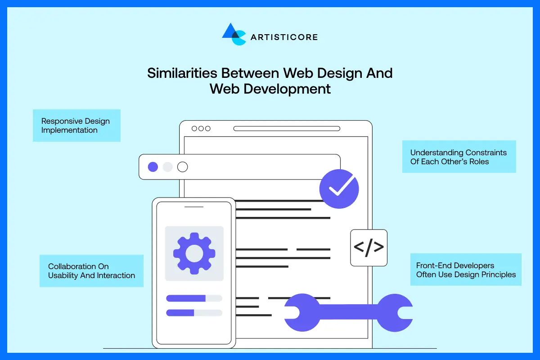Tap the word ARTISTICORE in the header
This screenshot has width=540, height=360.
click(284, 37)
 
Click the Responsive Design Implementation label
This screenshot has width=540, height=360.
click(76, 126)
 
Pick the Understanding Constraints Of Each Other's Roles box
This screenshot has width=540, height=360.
click(459, 157)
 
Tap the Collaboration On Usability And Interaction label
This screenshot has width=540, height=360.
click(91, 271)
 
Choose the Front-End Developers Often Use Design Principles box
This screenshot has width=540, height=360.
click(466, 270)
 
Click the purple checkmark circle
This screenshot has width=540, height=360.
click(339, 189)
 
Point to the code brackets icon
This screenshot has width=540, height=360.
click(369, 247)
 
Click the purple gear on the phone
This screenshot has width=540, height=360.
click(194, 253)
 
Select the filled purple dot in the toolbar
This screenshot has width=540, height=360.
click(153, 167)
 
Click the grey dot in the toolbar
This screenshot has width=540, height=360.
click(167, 167)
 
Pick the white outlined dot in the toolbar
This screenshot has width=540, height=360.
click(182, 167)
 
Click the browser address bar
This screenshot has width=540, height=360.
click(287, 129)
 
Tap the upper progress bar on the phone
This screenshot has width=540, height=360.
click(194, 298)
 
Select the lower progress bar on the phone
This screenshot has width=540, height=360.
click(194, 313)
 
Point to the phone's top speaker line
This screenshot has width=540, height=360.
click(194, 207)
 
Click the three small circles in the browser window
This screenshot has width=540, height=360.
click(201, 129)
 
